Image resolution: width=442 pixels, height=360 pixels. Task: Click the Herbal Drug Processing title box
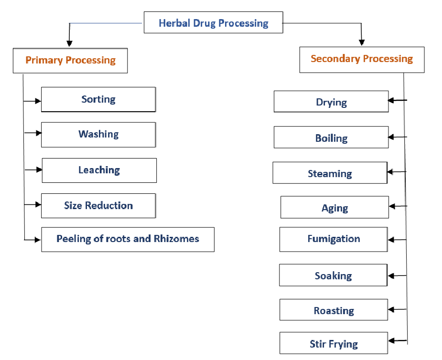tap(213, 23)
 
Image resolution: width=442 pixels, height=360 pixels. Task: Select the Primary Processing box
tap(70, 60)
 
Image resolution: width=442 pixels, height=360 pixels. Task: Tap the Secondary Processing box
tap(362, 59)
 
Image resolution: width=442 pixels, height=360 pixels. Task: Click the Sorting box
tap(98, 99)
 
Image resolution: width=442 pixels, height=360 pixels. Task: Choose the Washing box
tap(98, 135)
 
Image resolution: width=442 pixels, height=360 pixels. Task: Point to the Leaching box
tap(99, 170)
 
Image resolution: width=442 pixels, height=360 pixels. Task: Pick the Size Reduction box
tap(98, 206)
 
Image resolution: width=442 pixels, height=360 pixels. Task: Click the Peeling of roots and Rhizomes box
tap(128, 239)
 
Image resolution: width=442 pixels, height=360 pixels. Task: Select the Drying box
tap(331, 102)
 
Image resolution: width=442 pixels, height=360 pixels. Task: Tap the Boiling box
tap(331, 138)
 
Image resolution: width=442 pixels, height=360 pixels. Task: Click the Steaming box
tap(330, 173)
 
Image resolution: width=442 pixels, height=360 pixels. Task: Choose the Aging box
tap(334, 208)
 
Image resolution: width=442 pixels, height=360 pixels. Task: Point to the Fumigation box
tap(334, 239)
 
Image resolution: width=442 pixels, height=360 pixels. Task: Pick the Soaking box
tap(333, 275)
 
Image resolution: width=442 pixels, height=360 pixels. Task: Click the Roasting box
tap(334, 310)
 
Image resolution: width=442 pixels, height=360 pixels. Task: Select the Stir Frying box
tap(334, 344)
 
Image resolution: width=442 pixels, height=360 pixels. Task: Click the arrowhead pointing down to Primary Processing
tap(70, 43)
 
